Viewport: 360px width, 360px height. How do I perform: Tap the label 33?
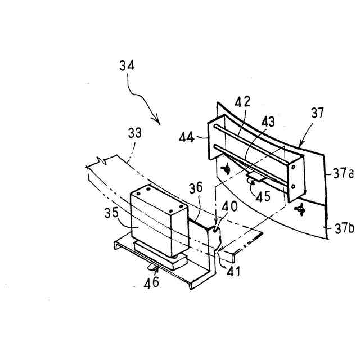[x=134, y=134]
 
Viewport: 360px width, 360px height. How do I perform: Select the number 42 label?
[x=243, y=102]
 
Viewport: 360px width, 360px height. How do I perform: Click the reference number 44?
[x=187, y=136]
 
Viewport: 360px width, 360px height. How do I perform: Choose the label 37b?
[x=343, y=228]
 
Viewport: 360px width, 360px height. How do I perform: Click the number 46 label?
[x=151, y=281]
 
